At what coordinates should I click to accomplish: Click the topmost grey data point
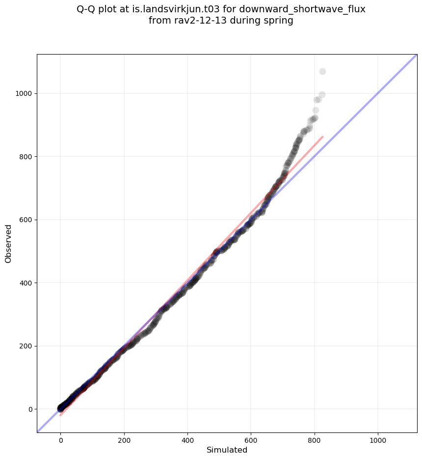click(322, 72)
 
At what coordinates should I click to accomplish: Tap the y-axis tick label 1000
click(25, 93)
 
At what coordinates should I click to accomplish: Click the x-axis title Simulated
click(227, 450)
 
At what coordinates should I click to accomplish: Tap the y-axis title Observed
click(8, 244)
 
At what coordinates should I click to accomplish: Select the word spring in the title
click(279, 21)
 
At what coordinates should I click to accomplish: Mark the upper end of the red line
click(322, 137)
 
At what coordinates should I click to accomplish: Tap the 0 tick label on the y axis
click(30, 409)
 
